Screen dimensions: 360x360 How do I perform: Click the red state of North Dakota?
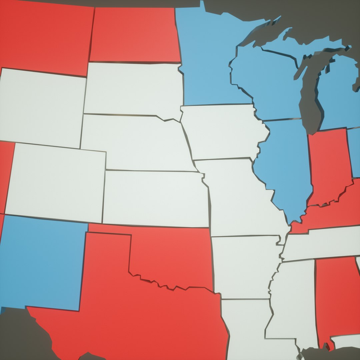135,35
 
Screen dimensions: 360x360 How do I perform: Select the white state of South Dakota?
133,88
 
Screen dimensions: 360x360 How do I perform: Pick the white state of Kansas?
155,198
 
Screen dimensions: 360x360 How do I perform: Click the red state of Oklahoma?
173,257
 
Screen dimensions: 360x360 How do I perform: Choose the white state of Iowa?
222,132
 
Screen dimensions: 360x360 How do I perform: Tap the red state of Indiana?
328,167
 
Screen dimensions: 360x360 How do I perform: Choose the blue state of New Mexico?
42,263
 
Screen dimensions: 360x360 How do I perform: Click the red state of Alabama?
335,297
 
